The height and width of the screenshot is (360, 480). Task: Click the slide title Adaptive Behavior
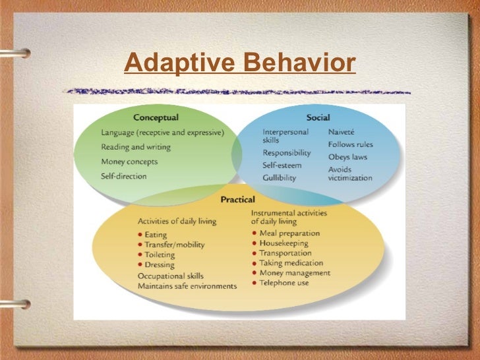click(239, 64)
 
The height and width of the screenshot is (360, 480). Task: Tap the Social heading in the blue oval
click(318, 117)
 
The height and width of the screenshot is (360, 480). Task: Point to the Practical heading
click(237, 198)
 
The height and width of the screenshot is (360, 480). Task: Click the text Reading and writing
click(136, 146)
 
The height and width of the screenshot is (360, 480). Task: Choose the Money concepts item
click(129, 162)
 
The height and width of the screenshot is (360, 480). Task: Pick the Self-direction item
click(124, 176)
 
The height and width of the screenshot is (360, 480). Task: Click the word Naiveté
click(344, 132)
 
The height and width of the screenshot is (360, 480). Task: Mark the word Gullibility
click(280, 178)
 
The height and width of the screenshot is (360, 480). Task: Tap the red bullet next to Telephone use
click(255, 283)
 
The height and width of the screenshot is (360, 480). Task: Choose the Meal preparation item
click(289, 233)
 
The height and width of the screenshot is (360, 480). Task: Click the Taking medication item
click(290, 263)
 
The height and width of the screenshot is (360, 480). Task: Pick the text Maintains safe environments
click(187, 285)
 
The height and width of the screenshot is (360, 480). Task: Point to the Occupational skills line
click(170, 276)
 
